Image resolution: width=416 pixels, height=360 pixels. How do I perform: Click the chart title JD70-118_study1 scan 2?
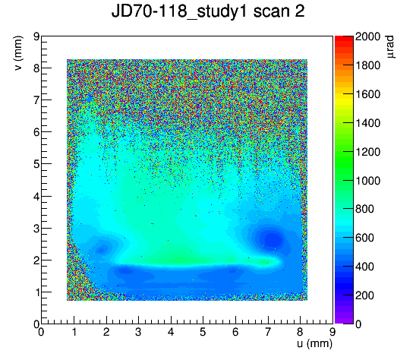(x=208, y=11)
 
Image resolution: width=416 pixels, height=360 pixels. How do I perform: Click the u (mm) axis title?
(x=314, y=344)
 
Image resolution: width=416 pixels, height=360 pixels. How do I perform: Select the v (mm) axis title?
(x=18, y=53)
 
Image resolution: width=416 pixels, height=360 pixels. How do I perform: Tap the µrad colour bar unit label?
(x=390, y=47)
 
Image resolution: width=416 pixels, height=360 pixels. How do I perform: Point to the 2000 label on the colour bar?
(x=367, y=36)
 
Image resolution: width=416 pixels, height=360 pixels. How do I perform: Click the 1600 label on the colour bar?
(x=367, y=94)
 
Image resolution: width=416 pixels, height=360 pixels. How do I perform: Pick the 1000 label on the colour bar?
(x=367, y=181)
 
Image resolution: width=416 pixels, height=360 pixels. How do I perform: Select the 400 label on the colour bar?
(x=364, y=267)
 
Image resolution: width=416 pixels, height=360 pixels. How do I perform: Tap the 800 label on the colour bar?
(x=364, y=209)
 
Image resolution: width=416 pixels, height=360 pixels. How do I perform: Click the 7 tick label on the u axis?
(x=268, y=332)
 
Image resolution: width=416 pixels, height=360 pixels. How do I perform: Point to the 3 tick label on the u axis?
(x=138, y=332)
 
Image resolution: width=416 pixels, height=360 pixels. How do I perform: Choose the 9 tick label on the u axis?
(x=332, y=332)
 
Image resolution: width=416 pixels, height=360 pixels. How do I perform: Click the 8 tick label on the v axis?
(x=36, y=68)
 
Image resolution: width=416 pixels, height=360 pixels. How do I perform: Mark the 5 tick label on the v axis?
(x=36, y=164)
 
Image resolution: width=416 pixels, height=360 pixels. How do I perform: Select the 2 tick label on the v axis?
(x=36, y=261)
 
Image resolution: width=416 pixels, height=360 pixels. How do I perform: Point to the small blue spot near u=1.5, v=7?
(x=90, y=99)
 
